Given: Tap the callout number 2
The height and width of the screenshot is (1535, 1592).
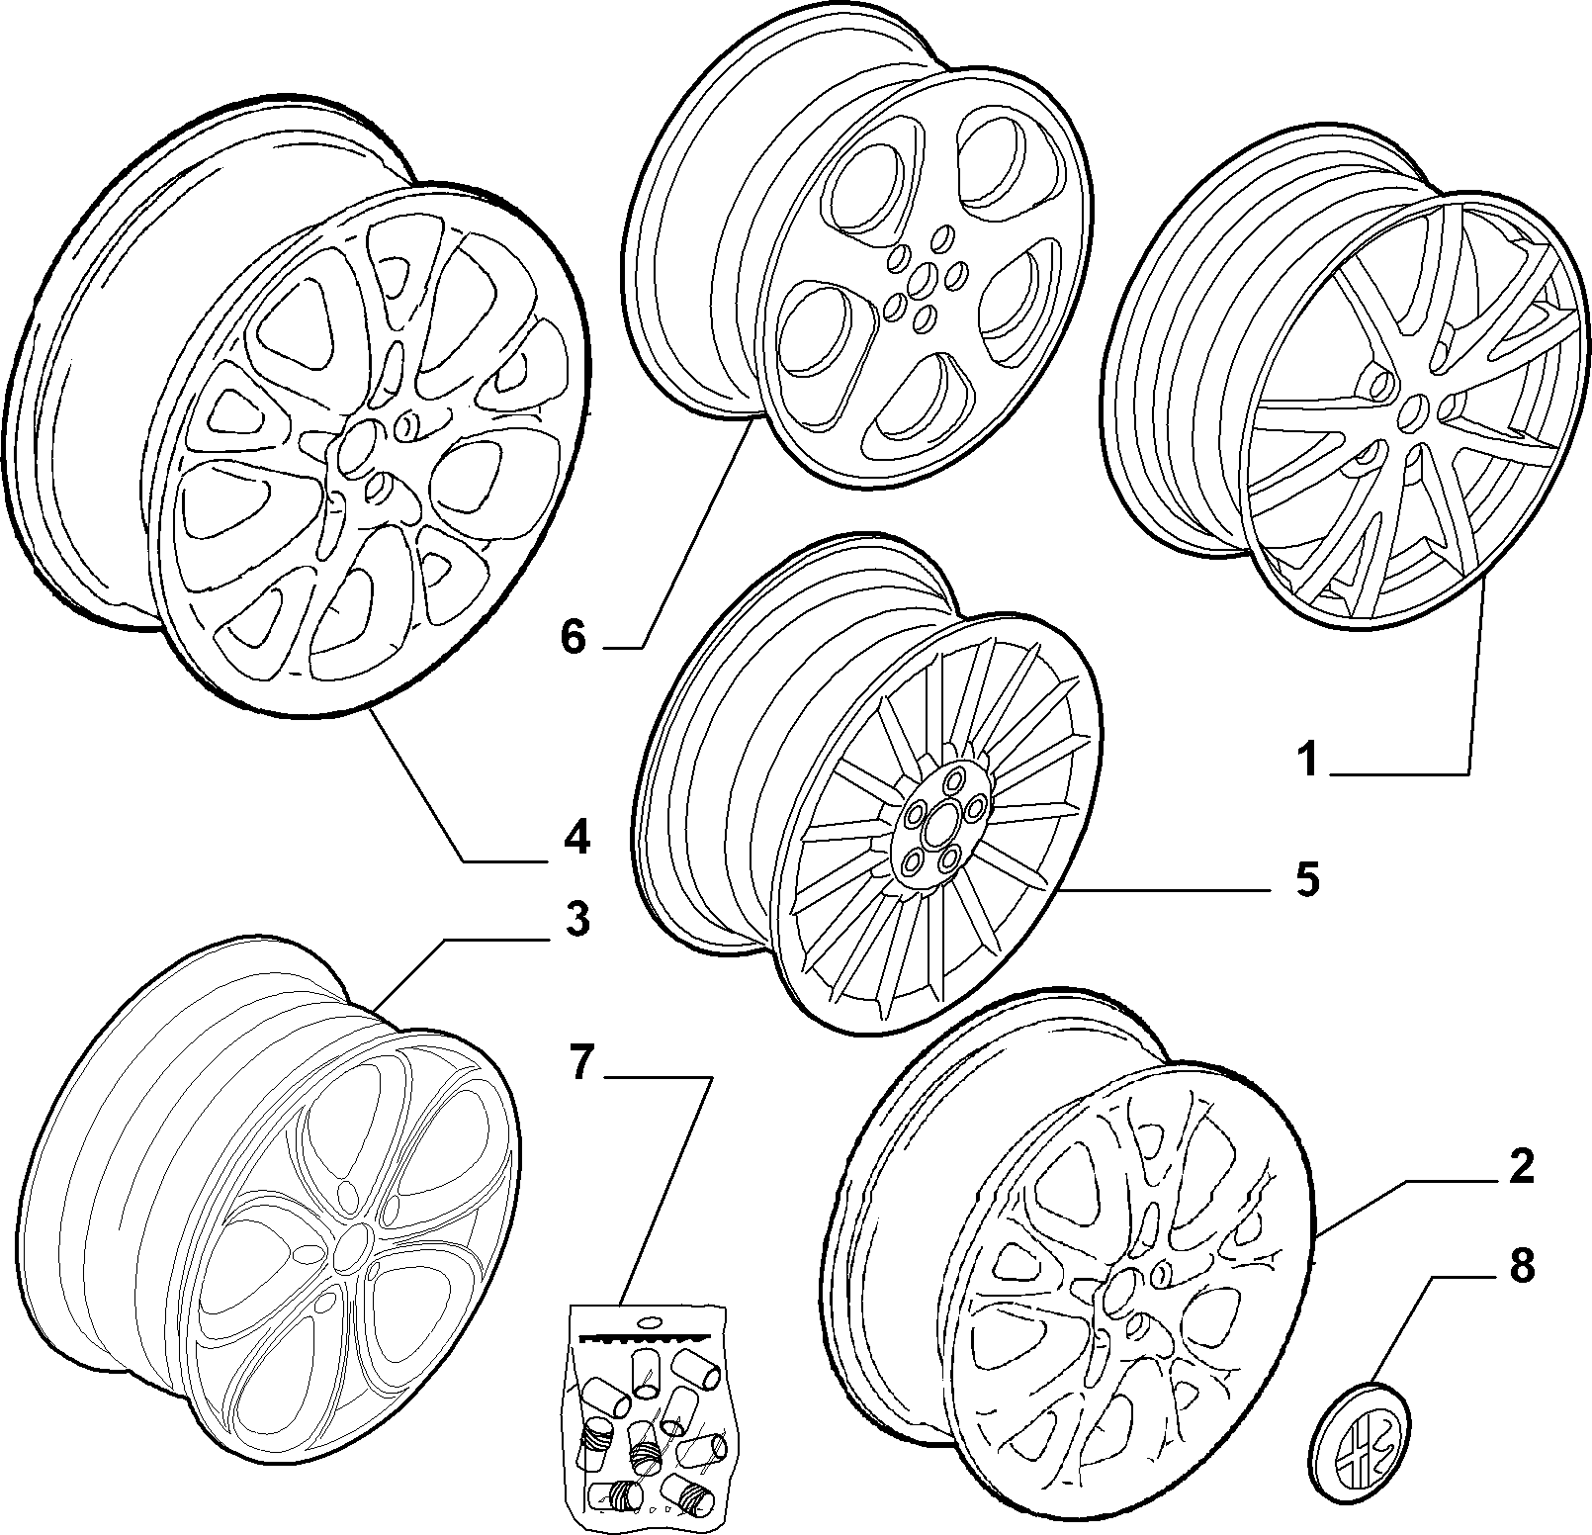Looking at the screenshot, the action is point(1521,1167).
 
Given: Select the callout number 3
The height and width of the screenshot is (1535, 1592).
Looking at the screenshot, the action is point(577,921).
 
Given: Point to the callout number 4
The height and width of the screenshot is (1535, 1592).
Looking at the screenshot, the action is point(576,837).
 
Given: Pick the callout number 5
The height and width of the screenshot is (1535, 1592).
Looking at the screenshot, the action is point(1308,879).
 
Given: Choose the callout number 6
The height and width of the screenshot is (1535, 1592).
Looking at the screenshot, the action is point(574,638).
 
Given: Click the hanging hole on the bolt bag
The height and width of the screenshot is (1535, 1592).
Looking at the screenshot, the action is point(650,1321).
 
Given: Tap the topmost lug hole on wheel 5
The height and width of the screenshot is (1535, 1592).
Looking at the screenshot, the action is point(953,780).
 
